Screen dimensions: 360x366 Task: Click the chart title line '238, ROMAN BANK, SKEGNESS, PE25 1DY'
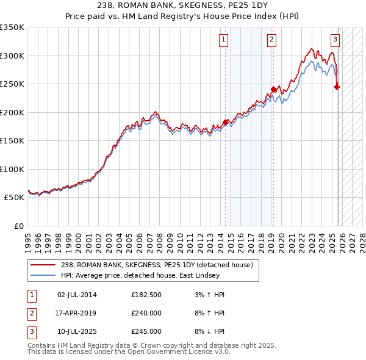[x=183, y=5]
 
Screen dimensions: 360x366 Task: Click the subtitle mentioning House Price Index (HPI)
[x=183, y=16]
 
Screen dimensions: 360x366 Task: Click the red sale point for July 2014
[x=225, y=122]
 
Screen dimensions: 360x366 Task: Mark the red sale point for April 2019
[x=273, y=90]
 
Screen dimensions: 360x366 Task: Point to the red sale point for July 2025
[x=337, y=87]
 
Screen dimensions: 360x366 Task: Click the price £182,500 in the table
[x=146, y=295]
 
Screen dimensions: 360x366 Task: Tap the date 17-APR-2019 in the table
[x=76, y=313]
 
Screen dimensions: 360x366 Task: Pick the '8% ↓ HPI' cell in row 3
[x=207, y=331]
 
